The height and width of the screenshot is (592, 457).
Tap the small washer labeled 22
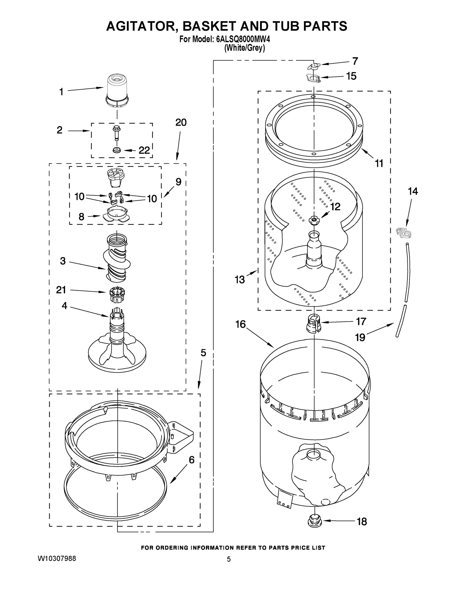[117, 150]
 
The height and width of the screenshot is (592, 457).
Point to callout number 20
[181, 123]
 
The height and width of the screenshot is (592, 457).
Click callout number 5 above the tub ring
[203, 353]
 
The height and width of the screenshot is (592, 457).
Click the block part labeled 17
[314, 323]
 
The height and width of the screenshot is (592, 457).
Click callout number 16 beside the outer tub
[240, 324]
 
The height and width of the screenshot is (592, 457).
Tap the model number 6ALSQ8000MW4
[243, 39]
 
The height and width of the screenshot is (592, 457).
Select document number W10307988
[57, 559]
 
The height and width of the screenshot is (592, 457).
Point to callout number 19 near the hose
[360, 337]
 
